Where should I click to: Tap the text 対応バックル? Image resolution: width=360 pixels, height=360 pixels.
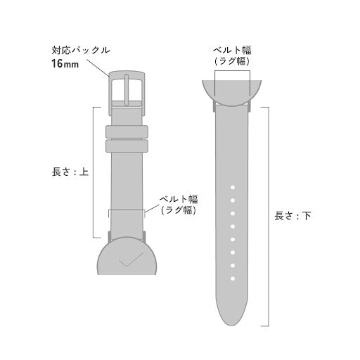(x=80, y=51)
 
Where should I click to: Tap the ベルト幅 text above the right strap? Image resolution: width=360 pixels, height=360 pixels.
(x=232, y=51)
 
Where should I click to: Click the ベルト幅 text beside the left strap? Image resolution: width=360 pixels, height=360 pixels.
(x=178, y=200)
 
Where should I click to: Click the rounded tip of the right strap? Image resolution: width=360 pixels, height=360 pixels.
(x=231, y=320)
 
